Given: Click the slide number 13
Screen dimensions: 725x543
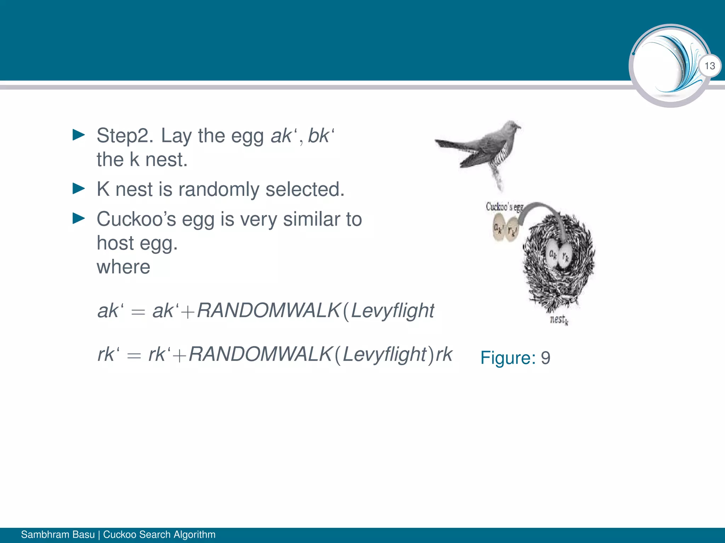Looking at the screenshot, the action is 709,66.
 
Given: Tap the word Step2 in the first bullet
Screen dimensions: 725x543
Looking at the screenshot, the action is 125,136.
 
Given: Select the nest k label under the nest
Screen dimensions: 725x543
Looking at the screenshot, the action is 559,320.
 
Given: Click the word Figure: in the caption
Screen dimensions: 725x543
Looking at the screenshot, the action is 508,358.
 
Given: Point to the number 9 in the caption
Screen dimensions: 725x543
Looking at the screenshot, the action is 546,358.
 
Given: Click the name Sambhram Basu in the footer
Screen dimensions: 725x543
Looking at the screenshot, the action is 58,534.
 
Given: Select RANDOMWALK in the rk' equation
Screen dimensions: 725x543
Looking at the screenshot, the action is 260,354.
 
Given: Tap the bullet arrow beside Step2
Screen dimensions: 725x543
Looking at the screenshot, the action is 79,135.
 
